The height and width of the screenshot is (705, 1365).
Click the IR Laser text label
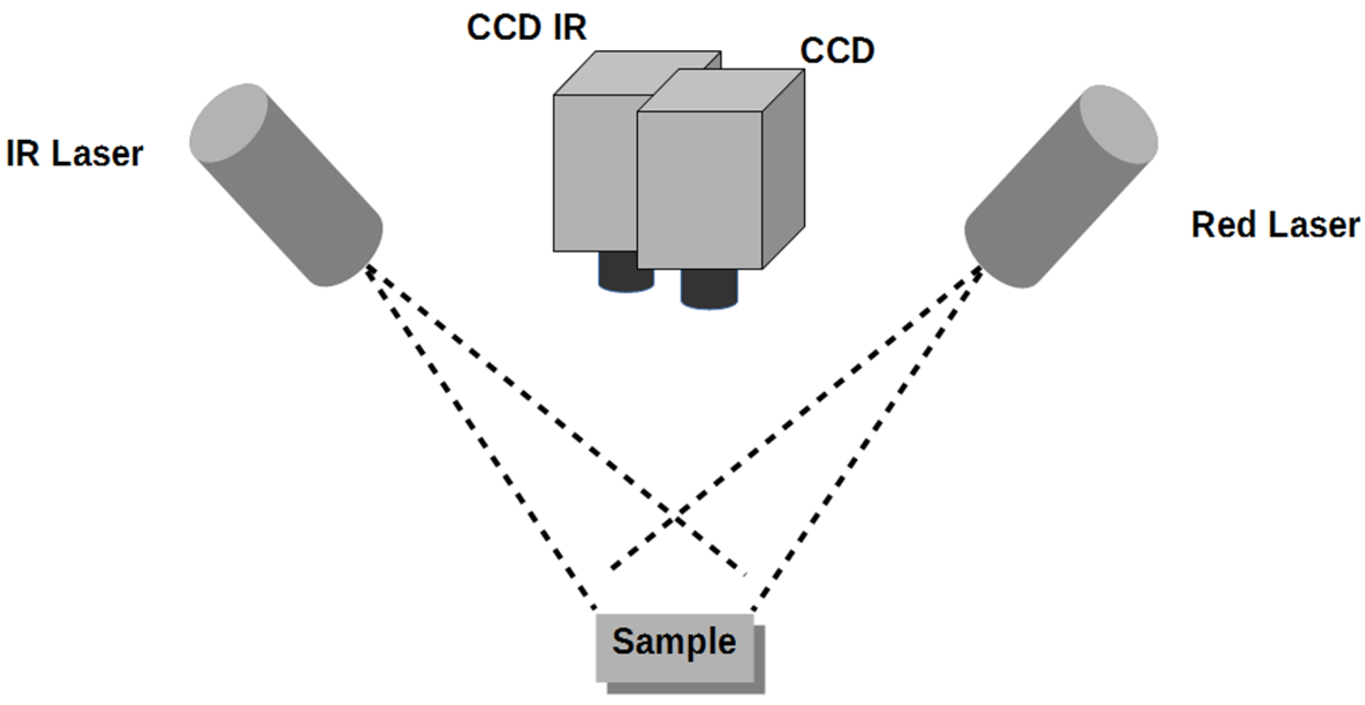tap(74, 153)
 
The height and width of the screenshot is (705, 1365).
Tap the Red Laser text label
tap(1275, 225)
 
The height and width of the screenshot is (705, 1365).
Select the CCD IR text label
tap(526, 28)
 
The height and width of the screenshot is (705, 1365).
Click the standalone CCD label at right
tap(836, 51)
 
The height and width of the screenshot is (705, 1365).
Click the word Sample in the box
tap(674, 641)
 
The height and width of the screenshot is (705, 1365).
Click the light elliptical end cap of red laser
tap(1118, 125)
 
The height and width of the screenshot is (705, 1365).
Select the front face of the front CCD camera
tap(699, 190)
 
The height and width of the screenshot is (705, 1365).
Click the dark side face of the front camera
tap(783, 171)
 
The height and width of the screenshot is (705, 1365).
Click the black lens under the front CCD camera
tap(709, 289)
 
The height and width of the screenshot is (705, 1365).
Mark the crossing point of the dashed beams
tap(675, 519)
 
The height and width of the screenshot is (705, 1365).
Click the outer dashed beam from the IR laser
tap(477, 440)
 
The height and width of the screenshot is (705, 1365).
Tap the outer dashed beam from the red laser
tap(869, 440)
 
